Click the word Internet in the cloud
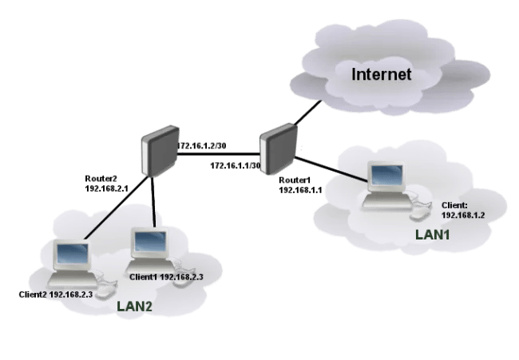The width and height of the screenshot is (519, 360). (382, 74)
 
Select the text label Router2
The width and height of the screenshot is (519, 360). (101, 178)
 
